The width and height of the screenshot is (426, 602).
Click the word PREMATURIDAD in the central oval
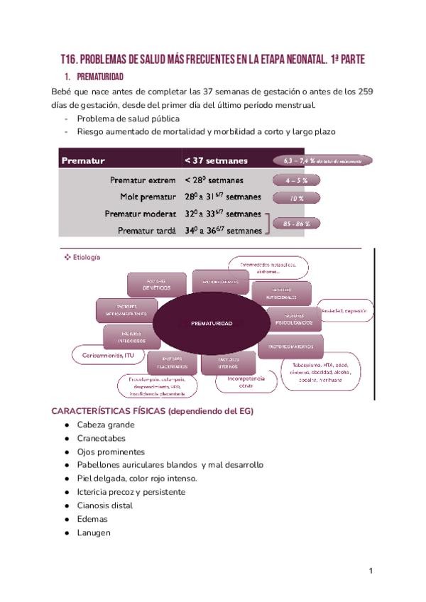pyautogui.click(x=212, y=323)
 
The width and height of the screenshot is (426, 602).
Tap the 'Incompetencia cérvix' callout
pyautogui.click(x=246, y=382)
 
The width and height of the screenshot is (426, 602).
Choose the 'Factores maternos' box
pyautogui.click(x=290, y=346)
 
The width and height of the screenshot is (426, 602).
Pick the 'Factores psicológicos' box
pyautogui.click(x=293, y=319)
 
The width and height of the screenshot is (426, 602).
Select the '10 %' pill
pyautogui.click(x=296, y=199)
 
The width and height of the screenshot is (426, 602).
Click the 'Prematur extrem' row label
pyautogui.click(x=143, y=180)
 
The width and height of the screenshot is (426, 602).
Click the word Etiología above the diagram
pyautogui.click(x=87, y=257)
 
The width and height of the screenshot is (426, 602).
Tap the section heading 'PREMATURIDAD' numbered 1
pyautogui.click(x=99, y=76)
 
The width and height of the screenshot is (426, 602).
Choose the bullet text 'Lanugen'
pyautogui.click(x=94, y=532)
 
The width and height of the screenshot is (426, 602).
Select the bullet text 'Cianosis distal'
pyautogui.click(x=105, y=505)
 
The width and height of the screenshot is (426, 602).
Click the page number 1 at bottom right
pyautogui.click(x=371, y=571)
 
